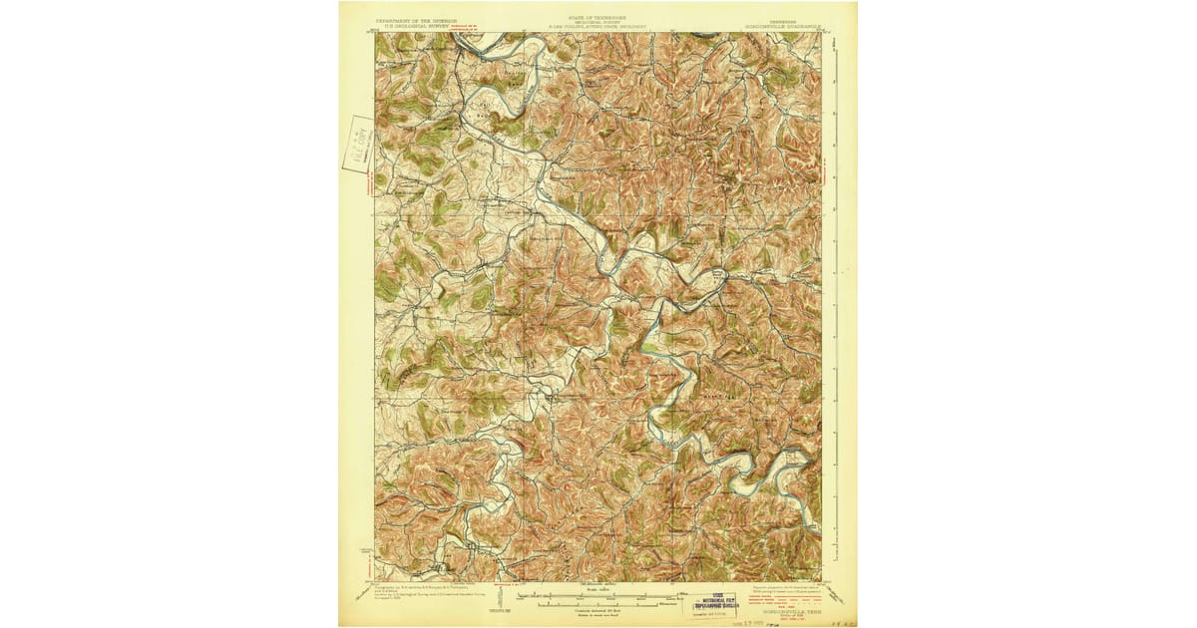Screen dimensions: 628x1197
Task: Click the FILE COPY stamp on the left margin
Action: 357,144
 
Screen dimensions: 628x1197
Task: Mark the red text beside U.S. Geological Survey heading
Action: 472,25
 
